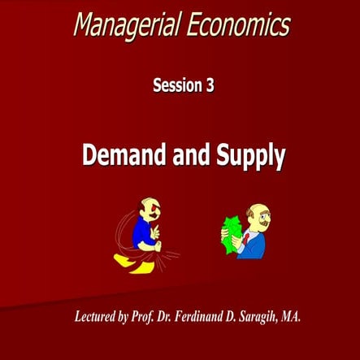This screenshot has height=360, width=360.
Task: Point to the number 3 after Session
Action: pyautogui.click(x=210, y=85)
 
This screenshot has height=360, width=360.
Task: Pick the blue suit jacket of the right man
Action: pyautogui.click(x=253, y=245)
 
